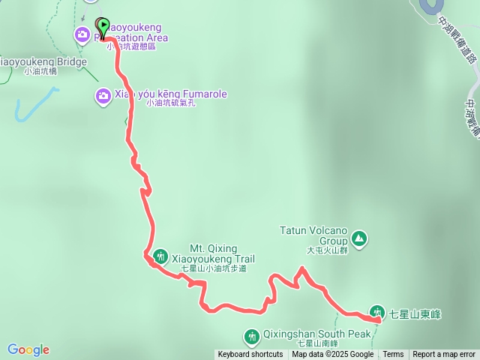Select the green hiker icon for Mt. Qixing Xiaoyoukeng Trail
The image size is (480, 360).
[x=160, y=256]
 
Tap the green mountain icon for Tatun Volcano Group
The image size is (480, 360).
[x=360, y=238]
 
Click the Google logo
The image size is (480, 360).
[x=28, y=349]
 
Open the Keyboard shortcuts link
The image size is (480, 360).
[x=250, y=355]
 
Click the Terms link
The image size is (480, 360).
[x=393, y=355]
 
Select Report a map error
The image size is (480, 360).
[x=444, y=355]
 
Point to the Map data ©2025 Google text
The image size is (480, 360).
[x=332, y=355]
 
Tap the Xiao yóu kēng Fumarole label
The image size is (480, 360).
[x=171, y=94]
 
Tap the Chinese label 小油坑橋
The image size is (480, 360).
[x=40, y=72]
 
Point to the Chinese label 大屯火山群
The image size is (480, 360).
[x=327, y=251]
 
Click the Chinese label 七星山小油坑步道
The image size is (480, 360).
[x=213, y=268]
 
